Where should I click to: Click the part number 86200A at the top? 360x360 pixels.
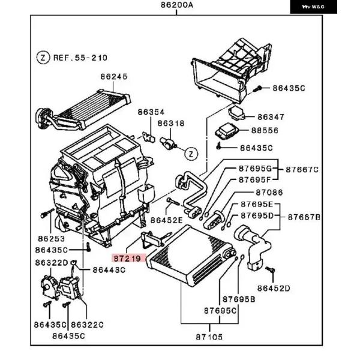[x=177, y=5]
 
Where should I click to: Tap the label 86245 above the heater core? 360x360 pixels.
[x=114, y=76]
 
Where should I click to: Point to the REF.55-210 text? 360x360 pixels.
[x=80, y=58]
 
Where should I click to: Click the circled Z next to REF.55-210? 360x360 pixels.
[x=43, y=58]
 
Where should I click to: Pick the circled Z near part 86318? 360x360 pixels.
[x=191, y=154]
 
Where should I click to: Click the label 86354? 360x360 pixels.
[x=151, y=112]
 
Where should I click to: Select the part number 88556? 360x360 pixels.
[x=265, y=130]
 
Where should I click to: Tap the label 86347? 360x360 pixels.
[x=271, y=117]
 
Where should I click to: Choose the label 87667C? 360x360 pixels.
[x=302, y=170]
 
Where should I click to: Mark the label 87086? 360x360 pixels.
[x=269, y=193]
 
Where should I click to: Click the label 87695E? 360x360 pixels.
[x=257, y=204]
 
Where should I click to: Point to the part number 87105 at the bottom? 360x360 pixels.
[x=209, y=337]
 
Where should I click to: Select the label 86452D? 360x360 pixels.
[x=274, y=288]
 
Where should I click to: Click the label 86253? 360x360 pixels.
[x=52, y=239]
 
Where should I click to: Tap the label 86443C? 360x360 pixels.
[x=109, y=270]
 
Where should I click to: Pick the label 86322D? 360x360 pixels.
[x=52, y=263]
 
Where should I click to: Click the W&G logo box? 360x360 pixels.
[x=313, y=7]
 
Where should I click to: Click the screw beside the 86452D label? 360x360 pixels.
[x=271, y=269]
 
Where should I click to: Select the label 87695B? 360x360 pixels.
[x=239, y=299]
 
